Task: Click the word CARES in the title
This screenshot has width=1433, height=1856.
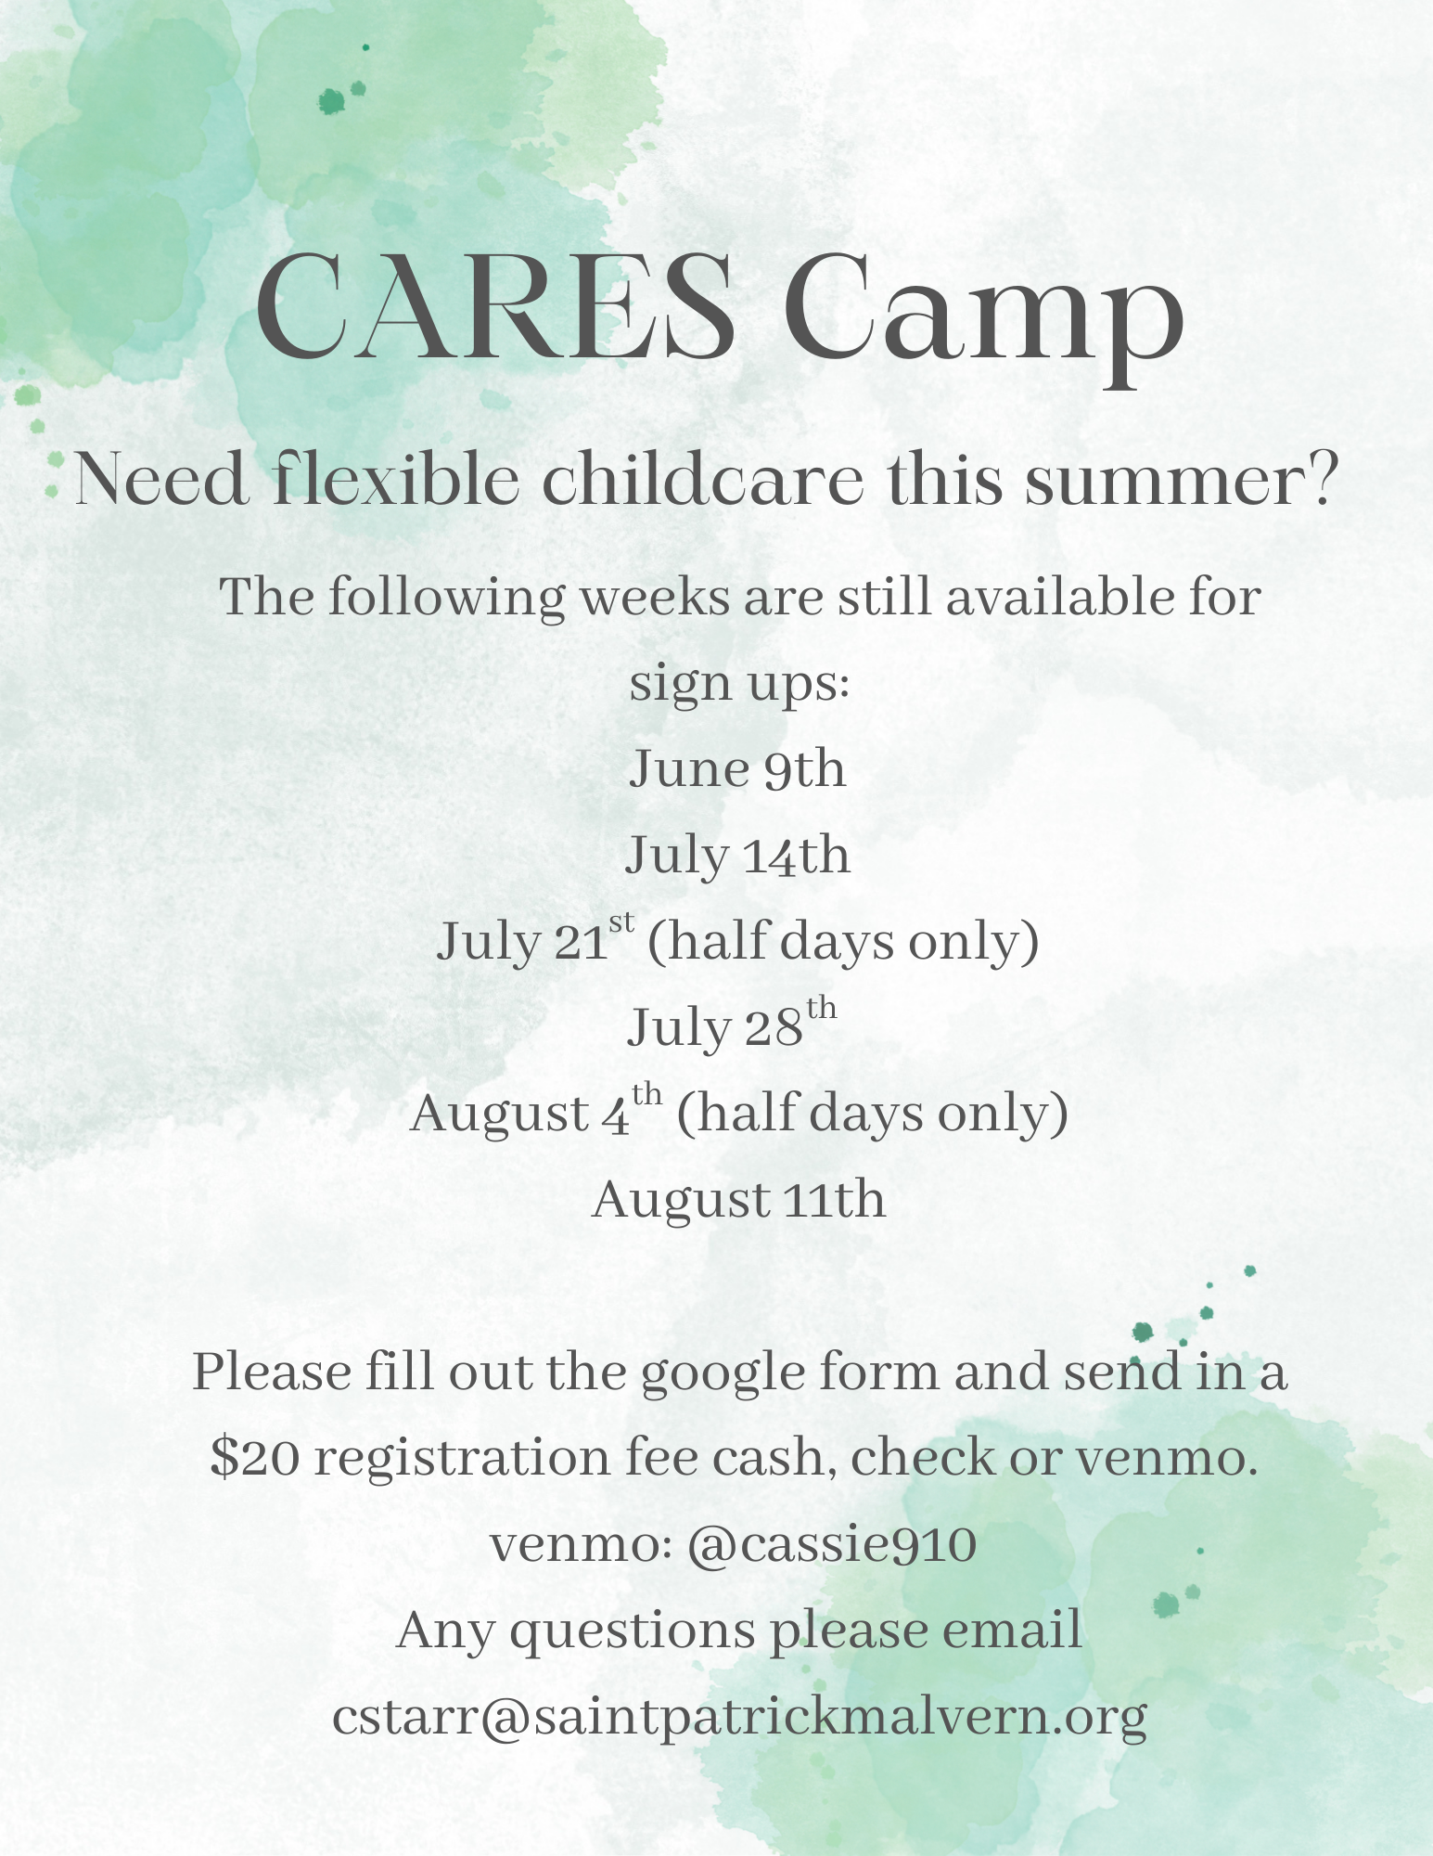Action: click(496, 305)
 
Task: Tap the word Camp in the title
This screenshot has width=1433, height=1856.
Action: click(983, 316)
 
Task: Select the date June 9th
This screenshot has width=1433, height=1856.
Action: click(737, 769)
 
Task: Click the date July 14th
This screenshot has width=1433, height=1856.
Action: click(737, 856)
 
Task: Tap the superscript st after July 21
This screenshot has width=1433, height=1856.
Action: click(621, 922)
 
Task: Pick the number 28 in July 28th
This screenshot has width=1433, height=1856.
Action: click(773, 1028)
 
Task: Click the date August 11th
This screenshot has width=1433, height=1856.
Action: click(738, 1200)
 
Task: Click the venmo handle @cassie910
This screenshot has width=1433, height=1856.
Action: click(832, 1544)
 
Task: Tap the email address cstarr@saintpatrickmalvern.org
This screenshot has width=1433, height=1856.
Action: click(739, 1718)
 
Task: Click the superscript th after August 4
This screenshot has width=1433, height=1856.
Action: click(647, 1094)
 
